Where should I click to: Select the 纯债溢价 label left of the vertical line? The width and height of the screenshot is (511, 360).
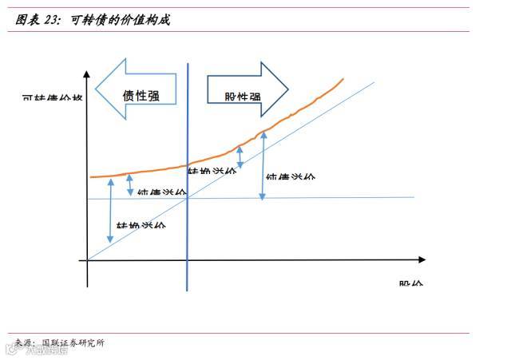161,192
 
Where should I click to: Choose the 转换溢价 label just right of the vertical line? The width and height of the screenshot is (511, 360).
211,172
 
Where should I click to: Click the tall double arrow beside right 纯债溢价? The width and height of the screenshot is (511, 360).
262,165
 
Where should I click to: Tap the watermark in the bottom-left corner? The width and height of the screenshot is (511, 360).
32,349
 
